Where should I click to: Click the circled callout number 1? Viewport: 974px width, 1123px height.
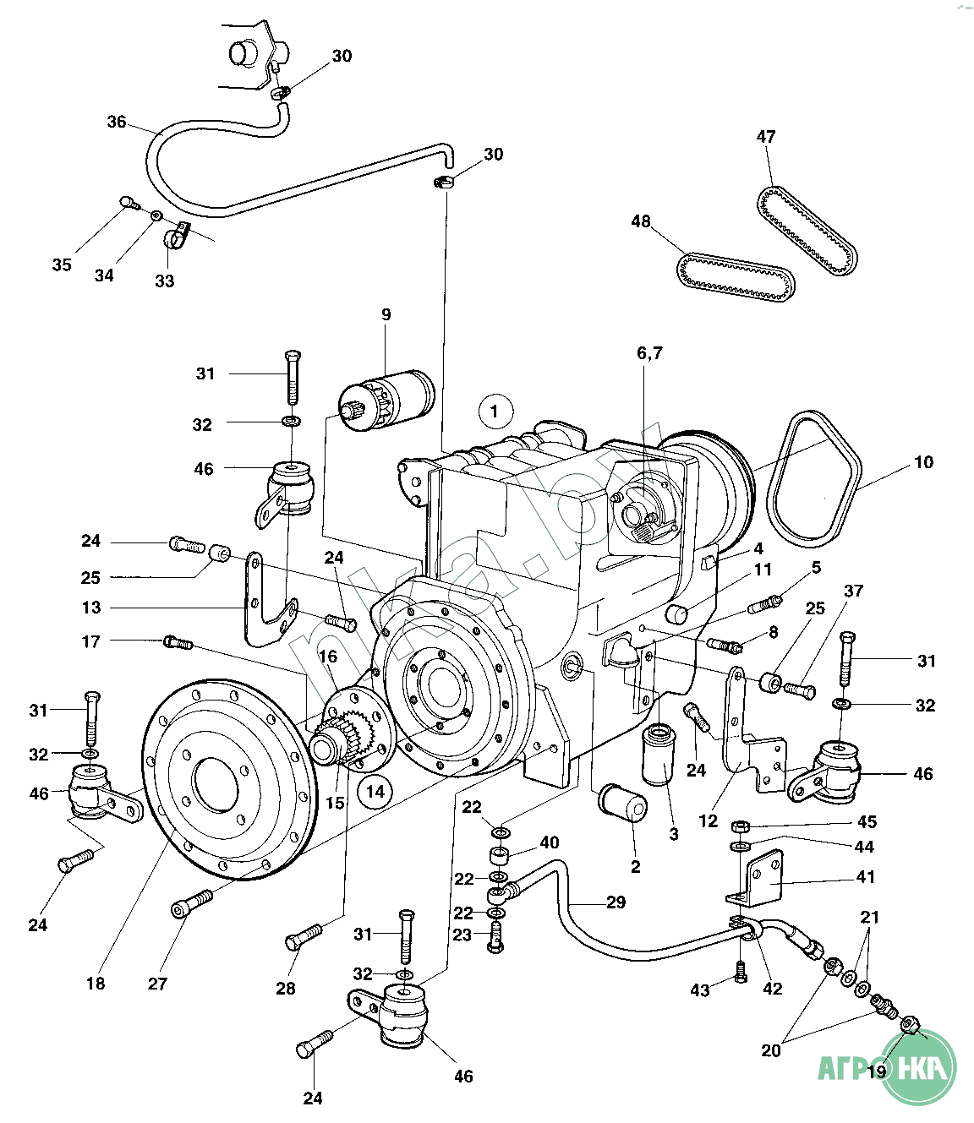(495, 412)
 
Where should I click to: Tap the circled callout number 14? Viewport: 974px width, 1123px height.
(375, 792)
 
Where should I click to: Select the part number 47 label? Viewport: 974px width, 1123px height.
(766, 136)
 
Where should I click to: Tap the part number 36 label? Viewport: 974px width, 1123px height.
(117, 122)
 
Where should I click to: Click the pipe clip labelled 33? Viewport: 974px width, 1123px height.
(177, 237)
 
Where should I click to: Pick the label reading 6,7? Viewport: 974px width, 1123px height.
(649, 353)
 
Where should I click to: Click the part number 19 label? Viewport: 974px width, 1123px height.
(877, 1071)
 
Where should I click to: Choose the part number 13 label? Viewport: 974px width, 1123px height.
(91, 608)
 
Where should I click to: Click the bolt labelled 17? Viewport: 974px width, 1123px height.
(178, 643)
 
